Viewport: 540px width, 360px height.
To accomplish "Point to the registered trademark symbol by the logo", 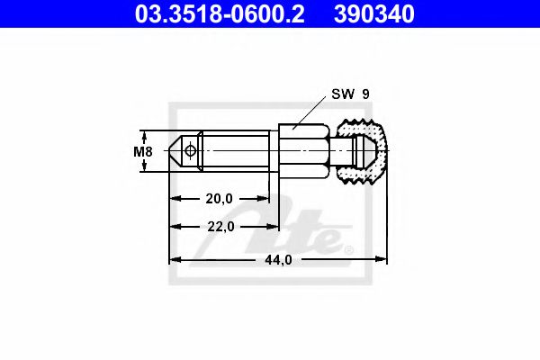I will (349, 249).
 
